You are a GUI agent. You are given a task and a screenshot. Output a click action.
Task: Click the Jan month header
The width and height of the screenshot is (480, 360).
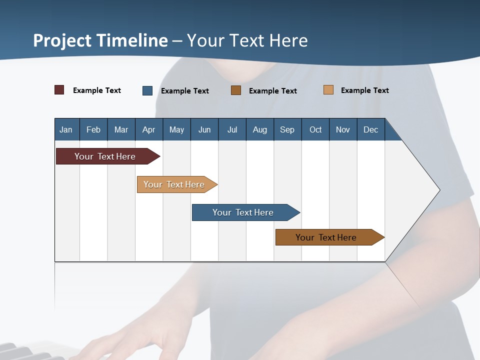[x=66, y=129]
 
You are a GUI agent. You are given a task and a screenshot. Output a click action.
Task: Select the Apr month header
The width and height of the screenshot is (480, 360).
[x=148, y=129]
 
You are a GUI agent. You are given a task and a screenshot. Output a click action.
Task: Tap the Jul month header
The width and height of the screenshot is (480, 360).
[x=232, y=129]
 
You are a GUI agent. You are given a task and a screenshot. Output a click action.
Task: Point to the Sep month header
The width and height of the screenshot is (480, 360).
[x=287, y=129]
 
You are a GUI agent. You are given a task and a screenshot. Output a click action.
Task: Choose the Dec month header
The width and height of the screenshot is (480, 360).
[x=370, y=129]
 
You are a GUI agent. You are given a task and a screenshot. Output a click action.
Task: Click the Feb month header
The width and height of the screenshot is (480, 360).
[x=93, y=129]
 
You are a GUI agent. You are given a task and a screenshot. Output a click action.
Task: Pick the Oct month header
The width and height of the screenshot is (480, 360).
[x=315, y=129]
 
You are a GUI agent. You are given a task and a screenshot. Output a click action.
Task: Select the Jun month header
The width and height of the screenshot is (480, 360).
[x=204, y=129]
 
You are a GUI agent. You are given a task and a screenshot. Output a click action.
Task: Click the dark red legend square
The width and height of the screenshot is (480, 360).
[x=59, y=90]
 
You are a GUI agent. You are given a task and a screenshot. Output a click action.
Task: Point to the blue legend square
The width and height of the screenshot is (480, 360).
[x=147, y=90]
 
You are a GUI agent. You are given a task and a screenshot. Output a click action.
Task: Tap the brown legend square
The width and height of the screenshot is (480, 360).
[x=236, y=90]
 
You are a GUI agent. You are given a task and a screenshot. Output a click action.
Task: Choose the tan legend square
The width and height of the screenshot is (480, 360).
[x=328, y=90]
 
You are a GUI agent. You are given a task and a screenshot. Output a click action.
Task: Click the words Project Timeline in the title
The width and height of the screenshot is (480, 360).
[x=100, y=40]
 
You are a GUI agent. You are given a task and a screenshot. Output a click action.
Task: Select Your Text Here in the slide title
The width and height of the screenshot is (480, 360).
[x=247, y=40]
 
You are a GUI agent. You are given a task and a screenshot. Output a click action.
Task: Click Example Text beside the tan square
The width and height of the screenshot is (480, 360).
[x=364, y=90]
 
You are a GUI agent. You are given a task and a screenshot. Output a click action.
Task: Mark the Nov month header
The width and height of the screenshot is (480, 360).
[x=343, y=129]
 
